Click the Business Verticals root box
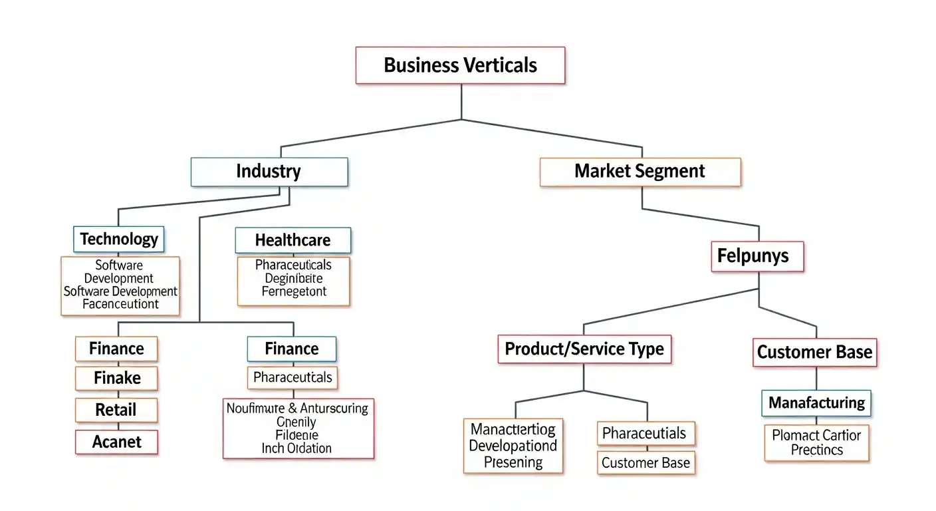click(x=460, y=65)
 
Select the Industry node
click(x=269, y=172)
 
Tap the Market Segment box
click(x=640, y=172)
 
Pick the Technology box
click(x=119, y=239)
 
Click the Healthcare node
click(x=292, y=240)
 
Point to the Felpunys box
click(x=757, y=256)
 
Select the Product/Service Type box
click(x=584, y=349)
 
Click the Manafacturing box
click(x=816, y=403)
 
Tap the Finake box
click(x=117, y=378)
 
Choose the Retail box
click(x=116, y=410)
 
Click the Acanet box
click(x=117, y=442)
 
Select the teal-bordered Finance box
click(x=291, y=349)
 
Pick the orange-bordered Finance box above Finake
click(x=117, y=349)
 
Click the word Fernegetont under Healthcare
click(x=294, y=292)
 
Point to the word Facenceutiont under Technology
click(x=120, y=305)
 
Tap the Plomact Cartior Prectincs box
click(x=816, y=442)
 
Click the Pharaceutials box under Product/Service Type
click(x=643, y=434)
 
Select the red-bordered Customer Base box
click(x=814, y=352)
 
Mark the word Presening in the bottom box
click(x=513, y=462)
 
